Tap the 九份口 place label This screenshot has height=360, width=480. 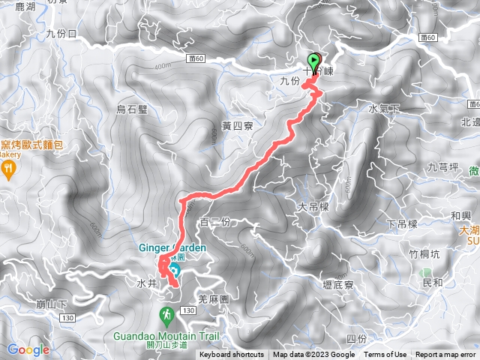pyautogui.click(x=61, y=34)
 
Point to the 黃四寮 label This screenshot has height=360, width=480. pyautogui.click(x=237, y=126)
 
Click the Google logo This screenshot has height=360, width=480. pyautogui.click(x=28, y=349)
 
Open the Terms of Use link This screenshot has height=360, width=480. pyautogui.click(x=385, y=355)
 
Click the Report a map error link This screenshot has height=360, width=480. pyautogui.click(x=445, y=355)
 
